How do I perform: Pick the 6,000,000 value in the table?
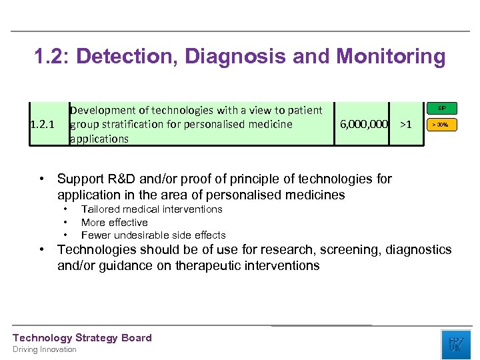point(364,124)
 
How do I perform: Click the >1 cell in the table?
point(405,124)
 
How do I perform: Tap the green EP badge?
point(442,108)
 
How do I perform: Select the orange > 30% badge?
point(442,125)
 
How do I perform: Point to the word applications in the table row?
point(99,139)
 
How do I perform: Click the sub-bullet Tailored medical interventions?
point(151,209)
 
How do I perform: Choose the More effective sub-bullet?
point(114,222)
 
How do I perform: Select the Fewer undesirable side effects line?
point(153,235)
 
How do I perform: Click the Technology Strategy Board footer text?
point(82,338)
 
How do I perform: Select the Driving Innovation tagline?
point(45,349)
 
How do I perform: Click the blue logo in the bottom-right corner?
point(455,344)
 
